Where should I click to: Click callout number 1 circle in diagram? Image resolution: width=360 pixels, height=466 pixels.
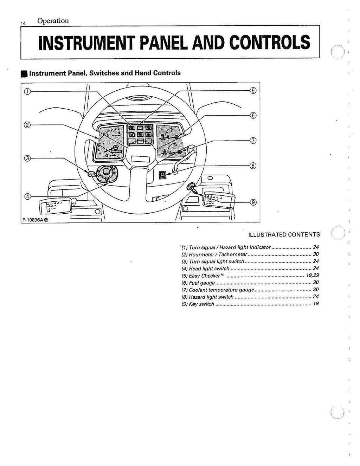tap(27, 91)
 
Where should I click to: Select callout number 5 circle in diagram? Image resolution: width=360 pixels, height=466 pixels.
tap(253, 90)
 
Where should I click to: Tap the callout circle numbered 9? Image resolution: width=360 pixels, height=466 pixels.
tap(253, 202)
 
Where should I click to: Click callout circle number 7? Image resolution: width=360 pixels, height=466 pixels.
tap(253, 141)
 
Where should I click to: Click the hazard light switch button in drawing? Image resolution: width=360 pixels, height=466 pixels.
tap(163, 174)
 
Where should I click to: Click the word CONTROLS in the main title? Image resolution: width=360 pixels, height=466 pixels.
tap(270, 43)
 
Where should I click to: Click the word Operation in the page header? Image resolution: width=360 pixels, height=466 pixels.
tap(53, 21)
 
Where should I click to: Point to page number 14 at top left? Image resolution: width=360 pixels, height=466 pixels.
tap(23, 23)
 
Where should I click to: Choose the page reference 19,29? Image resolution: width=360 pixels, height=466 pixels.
tap(313, 276)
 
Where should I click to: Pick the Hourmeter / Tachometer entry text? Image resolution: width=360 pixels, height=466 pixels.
tap(218, 254)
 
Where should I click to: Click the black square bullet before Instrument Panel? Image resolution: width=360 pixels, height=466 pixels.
tap(24, 73)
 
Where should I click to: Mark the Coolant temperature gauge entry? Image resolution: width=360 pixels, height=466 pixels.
tap(221, 290)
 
